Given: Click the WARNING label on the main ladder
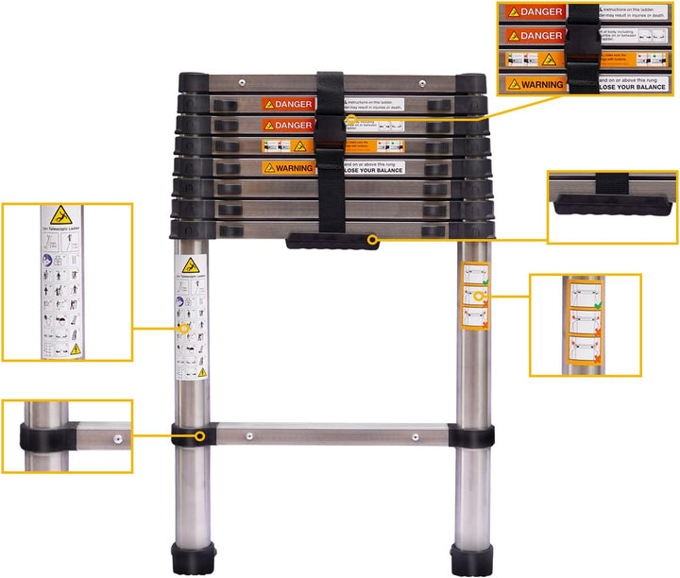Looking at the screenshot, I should (x=288, y=167).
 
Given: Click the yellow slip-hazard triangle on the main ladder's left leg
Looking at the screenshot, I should (x=191, y=265).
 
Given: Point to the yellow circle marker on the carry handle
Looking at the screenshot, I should (x=374, y=242).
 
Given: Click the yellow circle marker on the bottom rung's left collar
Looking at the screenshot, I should (x=200, y=436).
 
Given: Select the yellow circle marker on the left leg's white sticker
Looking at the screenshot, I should (x=184, y=329).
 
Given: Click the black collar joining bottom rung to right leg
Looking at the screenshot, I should (x=472, y=437).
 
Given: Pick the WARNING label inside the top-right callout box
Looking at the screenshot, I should (x=535, y=83).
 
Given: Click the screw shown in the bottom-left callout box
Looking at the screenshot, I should (x=115, y=437).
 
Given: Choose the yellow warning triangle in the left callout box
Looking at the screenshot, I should (x=61, y=215).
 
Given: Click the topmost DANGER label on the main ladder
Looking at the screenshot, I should (x=288, y=104).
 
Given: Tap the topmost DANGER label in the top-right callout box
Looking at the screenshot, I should (x=535, y=12).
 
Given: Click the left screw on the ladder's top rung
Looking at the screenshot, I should (x=242, y=82).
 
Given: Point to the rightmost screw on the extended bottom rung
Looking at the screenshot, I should (x=415, y=437).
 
